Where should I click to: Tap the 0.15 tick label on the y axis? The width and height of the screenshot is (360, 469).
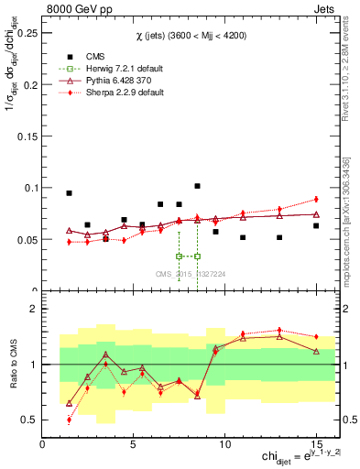tap(27, 136)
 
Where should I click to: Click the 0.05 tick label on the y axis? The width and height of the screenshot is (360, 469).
tap(27, 240)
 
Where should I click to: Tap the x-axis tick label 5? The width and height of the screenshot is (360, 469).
tap(134, 444)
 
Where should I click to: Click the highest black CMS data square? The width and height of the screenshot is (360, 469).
tap(197, 186)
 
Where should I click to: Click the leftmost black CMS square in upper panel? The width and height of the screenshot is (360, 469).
tap(69, 193)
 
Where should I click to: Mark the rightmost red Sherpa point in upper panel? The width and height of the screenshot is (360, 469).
tap(316, 199)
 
